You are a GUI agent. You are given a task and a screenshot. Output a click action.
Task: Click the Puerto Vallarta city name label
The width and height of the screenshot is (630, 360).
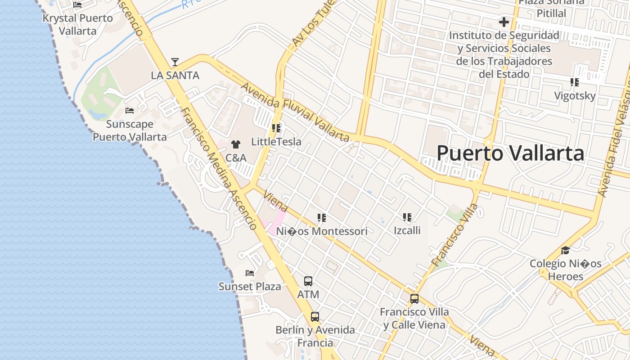[510, 153]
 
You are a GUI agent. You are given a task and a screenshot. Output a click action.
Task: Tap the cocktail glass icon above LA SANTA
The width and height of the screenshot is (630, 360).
[175, 62]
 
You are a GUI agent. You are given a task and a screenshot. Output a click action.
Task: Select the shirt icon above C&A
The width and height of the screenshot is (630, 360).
[235, 144]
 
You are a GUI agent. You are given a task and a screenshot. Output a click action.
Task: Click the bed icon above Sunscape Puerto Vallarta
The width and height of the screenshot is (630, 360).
[130, 110]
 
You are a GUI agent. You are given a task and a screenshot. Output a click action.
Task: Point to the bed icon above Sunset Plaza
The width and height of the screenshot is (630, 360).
[250, 273]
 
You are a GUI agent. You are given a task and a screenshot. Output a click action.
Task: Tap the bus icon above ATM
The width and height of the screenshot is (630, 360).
[308, 281]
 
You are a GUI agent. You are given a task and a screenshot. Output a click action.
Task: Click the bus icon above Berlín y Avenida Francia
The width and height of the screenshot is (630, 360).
[315, 316]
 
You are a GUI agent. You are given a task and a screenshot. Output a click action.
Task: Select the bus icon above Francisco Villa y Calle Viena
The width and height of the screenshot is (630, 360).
[414, 298]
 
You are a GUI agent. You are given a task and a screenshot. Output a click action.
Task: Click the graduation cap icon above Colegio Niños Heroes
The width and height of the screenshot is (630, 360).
[565, 250]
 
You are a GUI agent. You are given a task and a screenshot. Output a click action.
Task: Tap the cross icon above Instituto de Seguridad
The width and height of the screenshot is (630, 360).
[504, 22]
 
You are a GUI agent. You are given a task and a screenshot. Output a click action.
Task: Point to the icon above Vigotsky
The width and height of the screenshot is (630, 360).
[575, 82]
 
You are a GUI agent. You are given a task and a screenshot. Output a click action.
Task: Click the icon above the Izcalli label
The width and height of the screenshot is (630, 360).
[407, 217]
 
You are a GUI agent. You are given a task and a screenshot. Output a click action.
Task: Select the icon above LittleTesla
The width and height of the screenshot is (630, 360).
[276, 128]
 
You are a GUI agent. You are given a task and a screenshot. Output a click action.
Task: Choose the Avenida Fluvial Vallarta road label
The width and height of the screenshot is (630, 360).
[295, 111]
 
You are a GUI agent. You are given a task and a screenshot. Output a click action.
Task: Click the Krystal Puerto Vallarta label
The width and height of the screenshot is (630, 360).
[77, 24]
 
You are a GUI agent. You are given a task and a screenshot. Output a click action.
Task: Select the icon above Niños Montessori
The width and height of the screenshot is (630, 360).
[322, 218]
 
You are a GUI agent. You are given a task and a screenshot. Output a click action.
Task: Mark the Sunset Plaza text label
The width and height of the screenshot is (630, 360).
[250, 287]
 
